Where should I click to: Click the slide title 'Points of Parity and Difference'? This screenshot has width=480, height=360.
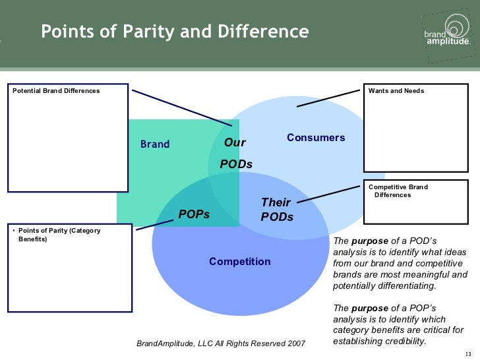(175, 32)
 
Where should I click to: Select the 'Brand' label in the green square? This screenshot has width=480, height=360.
(155, 144)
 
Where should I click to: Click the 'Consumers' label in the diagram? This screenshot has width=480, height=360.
(316, 138)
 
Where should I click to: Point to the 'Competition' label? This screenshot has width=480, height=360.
(240, 262)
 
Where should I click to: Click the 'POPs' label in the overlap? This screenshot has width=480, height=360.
(194, 214)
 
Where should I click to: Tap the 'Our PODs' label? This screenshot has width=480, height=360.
(236, 153)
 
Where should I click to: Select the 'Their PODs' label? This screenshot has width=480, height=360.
(277, 209)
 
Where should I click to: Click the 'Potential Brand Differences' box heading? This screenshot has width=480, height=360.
(57, 90)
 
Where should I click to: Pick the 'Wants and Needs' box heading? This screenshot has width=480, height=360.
(396, 90)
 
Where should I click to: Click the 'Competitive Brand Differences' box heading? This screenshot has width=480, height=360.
(398, 191)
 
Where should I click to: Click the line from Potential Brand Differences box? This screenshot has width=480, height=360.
(181, 107)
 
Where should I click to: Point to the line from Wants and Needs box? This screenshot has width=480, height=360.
(329, 98)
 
